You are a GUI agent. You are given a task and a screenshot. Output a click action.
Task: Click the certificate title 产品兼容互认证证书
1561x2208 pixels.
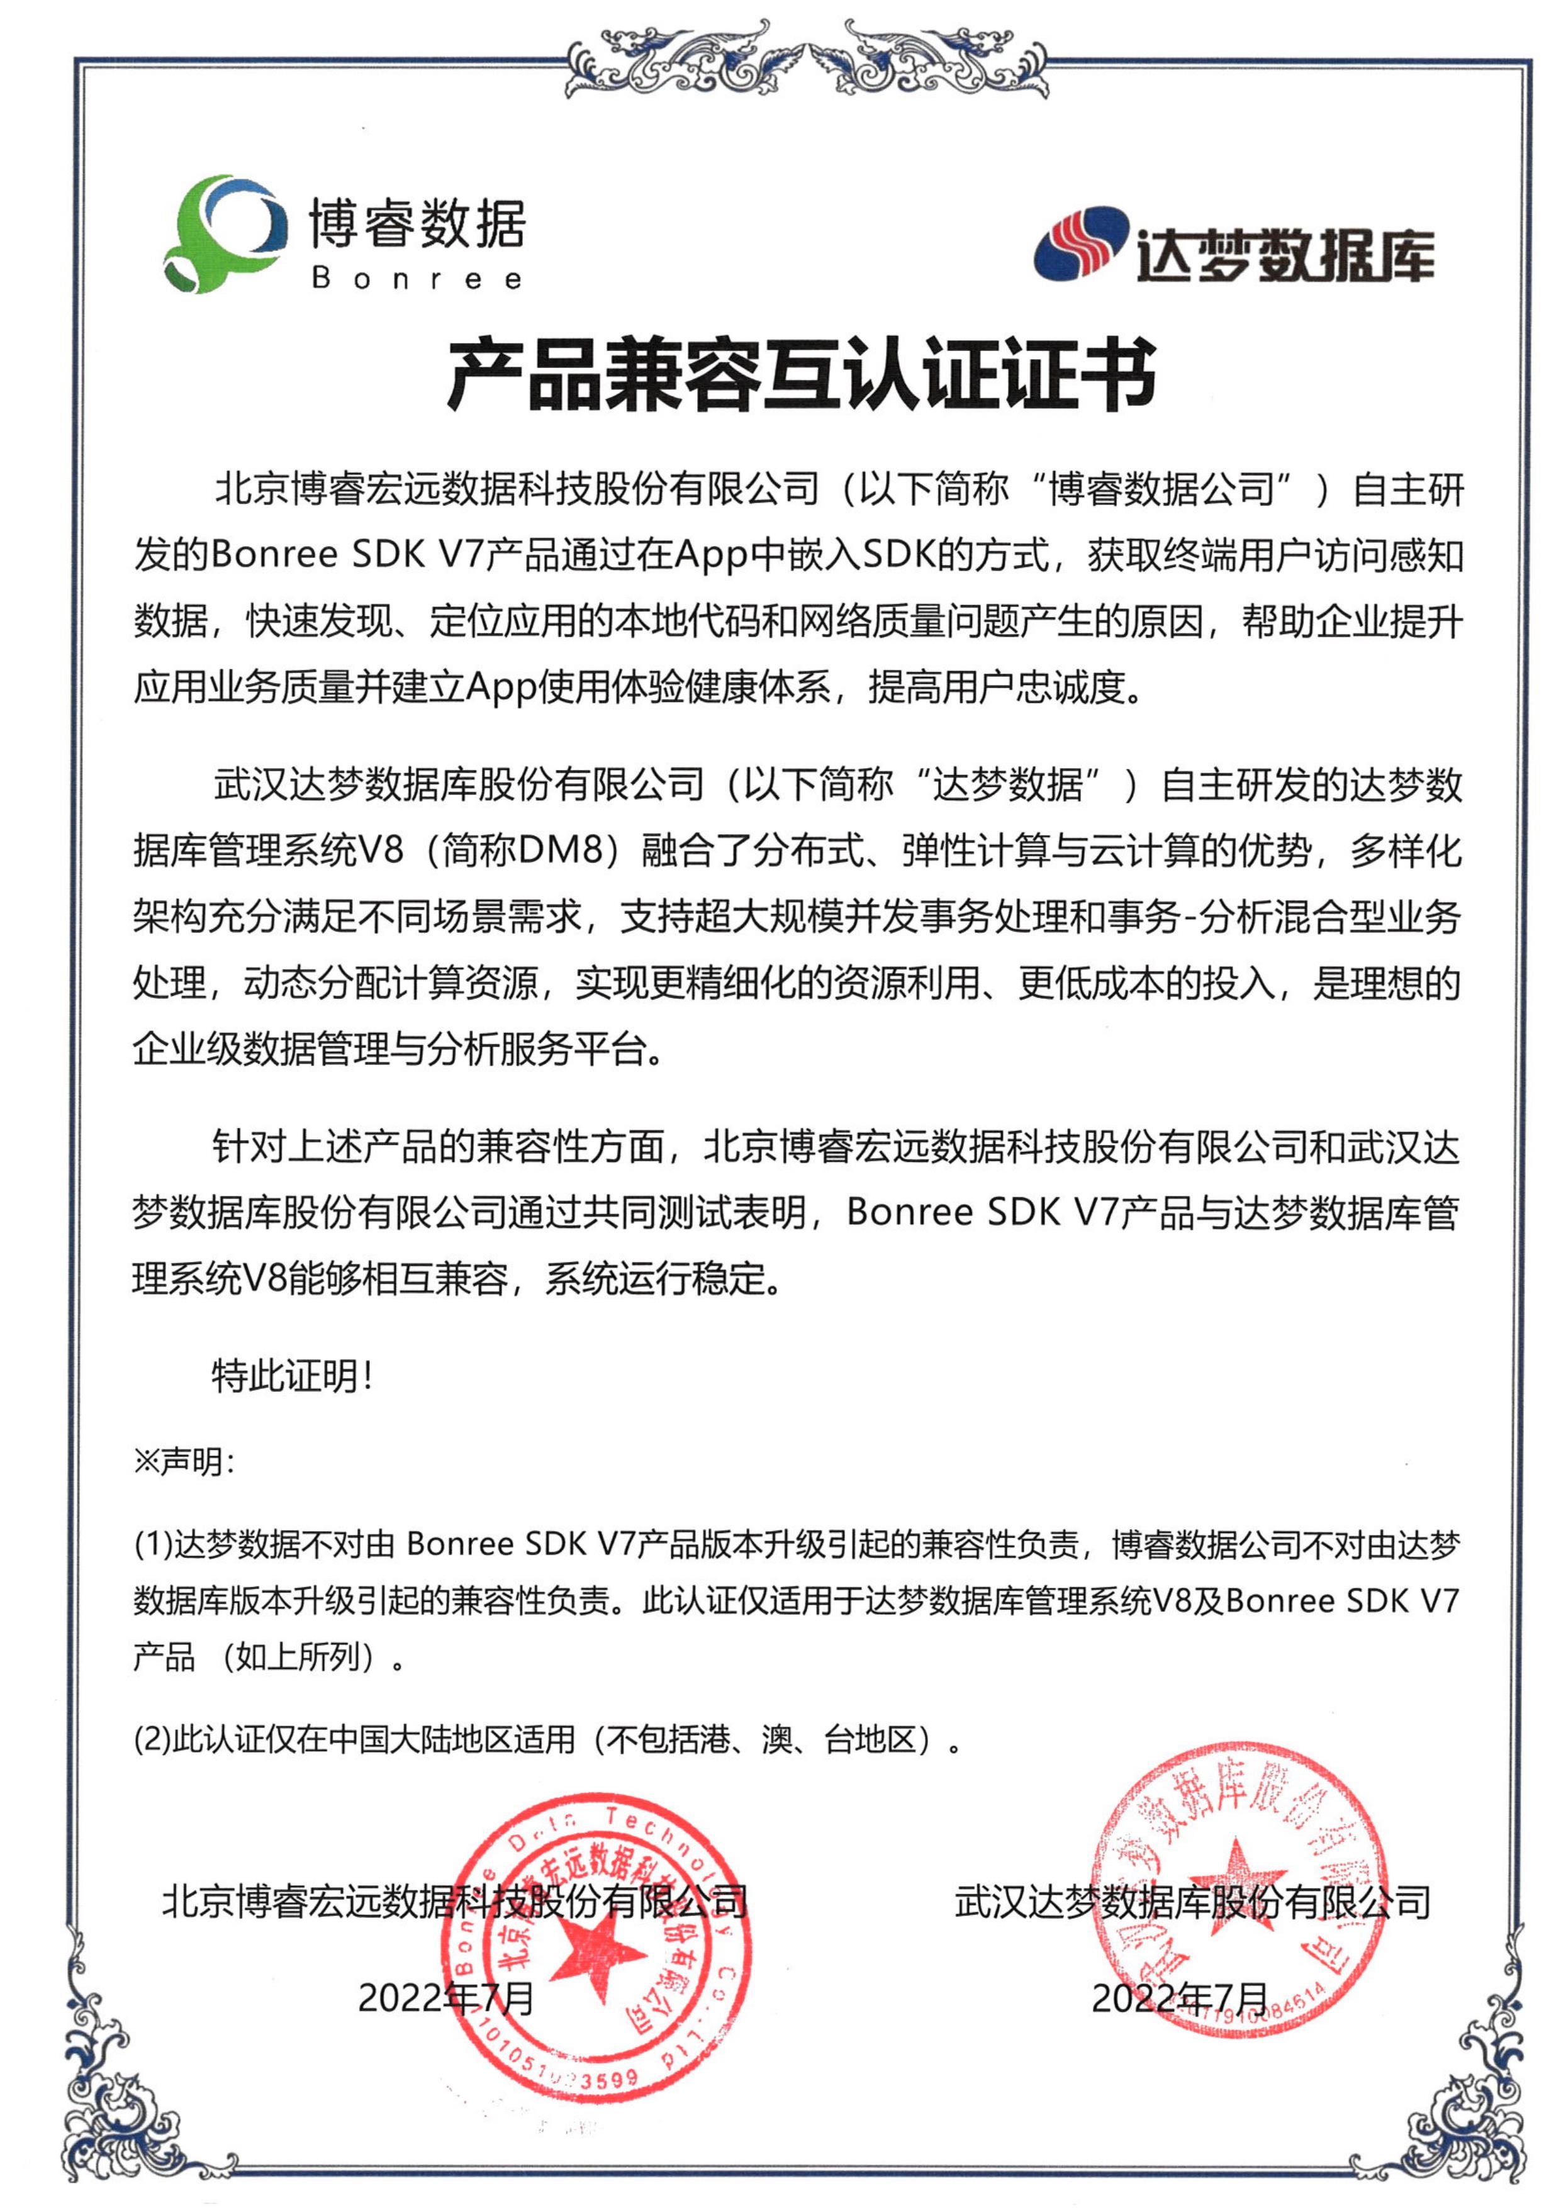[x=800, y=375]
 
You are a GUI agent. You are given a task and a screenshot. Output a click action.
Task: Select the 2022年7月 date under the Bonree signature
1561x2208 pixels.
[x=445, y=1999]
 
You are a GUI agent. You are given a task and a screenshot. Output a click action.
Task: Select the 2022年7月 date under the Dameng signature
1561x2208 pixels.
[x=1179, y=1999]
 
